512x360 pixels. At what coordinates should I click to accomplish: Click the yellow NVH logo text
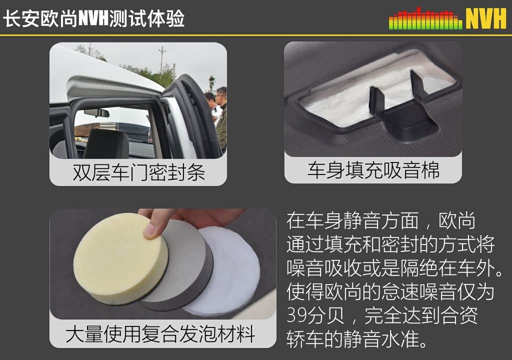(486, 18)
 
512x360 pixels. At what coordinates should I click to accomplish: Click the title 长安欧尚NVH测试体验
(93, 18)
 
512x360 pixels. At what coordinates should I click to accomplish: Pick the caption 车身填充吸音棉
(373, 170)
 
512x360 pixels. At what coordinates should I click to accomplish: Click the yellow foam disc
(121, 257)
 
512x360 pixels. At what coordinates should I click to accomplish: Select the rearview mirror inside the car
(96, 113)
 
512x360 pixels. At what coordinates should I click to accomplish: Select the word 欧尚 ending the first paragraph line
(457, 221)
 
